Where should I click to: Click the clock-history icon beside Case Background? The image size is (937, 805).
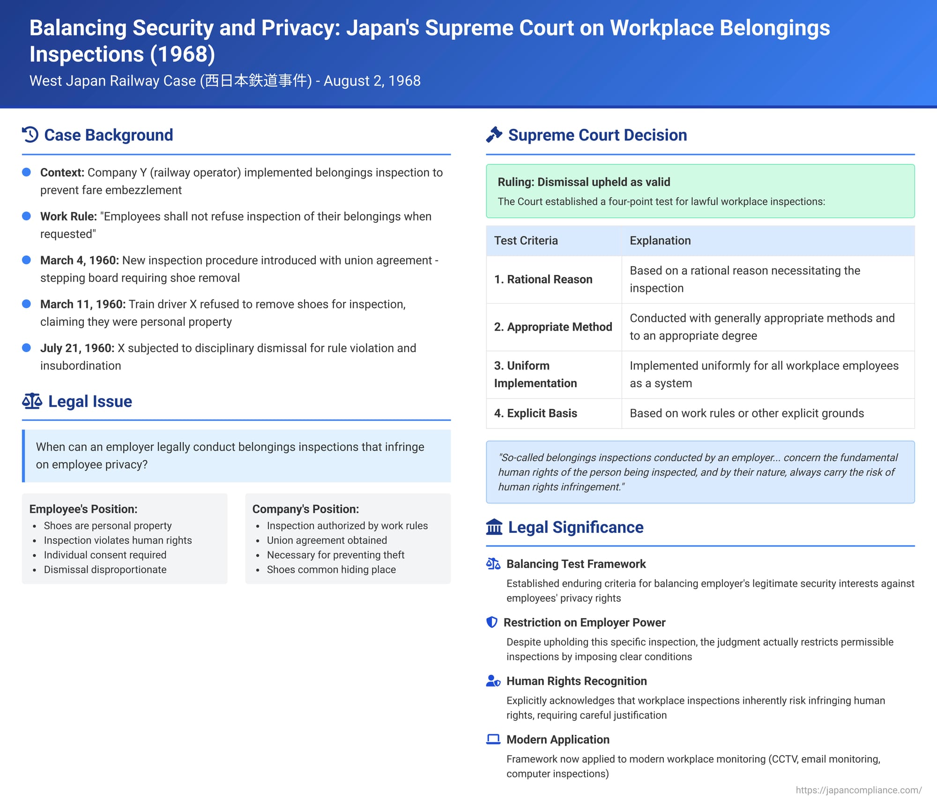[30, 135]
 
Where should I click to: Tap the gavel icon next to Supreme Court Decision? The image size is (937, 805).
[494, 135]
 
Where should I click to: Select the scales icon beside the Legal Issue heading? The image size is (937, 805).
[32, 401]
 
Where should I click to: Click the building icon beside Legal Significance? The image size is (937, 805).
[494, 527]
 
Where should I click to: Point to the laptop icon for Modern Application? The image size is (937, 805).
[493, 739]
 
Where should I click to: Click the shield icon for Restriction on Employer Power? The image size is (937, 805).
[492, 622]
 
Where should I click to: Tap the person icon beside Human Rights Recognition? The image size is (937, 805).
[493, 681]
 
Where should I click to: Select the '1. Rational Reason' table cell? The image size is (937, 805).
[543, 280]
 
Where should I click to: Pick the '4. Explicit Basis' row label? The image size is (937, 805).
[535, 414]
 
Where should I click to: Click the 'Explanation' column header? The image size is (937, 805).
[660, 241]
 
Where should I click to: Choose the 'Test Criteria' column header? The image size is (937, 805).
[526, 241]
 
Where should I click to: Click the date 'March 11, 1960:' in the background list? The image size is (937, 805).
[83, 304]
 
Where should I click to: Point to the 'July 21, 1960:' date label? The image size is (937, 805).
[77, 348]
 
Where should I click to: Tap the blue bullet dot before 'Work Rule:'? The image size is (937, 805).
[27, 216]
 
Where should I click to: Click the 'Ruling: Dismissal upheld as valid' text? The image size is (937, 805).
[584, 182]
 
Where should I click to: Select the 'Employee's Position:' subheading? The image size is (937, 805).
[83, 509]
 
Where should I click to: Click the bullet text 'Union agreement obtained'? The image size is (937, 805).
[327, 540]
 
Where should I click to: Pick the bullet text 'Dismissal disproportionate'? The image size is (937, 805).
[105, 570]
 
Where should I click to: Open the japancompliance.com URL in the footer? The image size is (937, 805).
[859, 790]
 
